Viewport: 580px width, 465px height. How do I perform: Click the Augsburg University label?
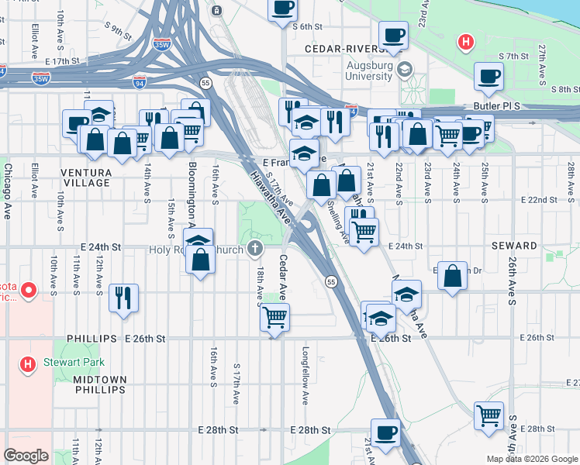click(359, 71)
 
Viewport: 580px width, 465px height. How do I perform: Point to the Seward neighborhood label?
click(514, 246)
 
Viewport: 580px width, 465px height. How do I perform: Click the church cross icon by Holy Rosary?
click(254, 249)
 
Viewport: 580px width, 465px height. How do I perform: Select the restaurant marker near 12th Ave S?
click(123, 298)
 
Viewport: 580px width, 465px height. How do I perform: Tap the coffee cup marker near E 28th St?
click(385, 432)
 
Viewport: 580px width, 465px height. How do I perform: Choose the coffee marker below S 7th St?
click(489, 76)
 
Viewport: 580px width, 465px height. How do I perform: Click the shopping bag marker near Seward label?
click(452, 276)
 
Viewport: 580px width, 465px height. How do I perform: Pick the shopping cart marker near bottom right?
click(489, 415)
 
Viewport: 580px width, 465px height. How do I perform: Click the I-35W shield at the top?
click(162, 44)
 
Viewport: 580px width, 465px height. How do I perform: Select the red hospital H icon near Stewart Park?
click(28, 363)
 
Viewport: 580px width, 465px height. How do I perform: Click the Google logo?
click(26, 455)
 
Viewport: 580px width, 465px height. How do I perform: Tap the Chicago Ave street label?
click(8, 191)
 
